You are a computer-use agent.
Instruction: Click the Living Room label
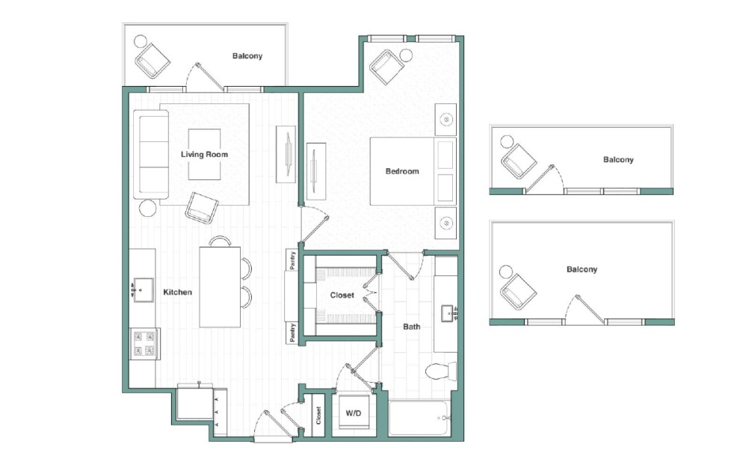click(x=204, y=155)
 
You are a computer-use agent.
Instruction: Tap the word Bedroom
click(x=402, y=171)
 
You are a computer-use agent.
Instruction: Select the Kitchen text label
click(x=177, y=292)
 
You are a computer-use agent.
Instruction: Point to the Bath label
click(x=411, y=327)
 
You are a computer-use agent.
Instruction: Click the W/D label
click(x=353, y=413)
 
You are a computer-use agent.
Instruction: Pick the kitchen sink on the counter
click(x=142, y=289)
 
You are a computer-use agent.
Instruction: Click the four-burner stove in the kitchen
click(x=144, y=344)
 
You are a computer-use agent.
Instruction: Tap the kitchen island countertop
click(x=220, y=286)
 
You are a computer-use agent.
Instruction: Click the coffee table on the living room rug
click(x=204, y=155)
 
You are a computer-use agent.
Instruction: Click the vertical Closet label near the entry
click(x=318, y=415)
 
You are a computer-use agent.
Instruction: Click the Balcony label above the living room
click(x=247, y=56)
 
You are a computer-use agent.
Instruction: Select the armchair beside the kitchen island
click(x=201, y=207)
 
